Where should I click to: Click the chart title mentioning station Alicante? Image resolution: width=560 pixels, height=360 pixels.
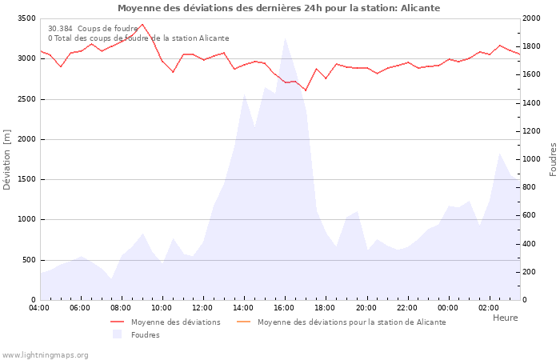pyautogui.click(x=278, y=8)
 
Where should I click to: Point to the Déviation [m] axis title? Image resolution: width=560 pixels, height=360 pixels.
pyautogui.click(x=7, y=159)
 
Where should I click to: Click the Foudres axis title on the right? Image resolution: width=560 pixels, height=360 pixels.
pyautogui.click(x=553, y=159)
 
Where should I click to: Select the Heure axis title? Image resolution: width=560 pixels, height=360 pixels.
pyautogui.click(x=505, y=318)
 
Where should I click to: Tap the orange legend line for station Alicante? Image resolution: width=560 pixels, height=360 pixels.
pyautogui.click(x=244, y=322)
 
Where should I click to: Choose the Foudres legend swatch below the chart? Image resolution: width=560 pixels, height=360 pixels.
pyautogui.click(x=118, y=334)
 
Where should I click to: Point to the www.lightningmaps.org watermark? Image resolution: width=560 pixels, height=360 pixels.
pyautogui.click(x=46, y=354)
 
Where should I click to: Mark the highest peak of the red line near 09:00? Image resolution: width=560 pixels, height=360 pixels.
pyautogui.click(x=142, y=24)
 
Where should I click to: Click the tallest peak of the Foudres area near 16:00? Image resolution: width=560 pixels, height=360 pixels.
pyautogui.click(x=285, y=38)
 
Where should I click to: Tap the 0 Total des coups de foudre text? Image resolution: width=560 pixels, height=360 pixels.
pyautogui.click(x=138, y=38)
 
